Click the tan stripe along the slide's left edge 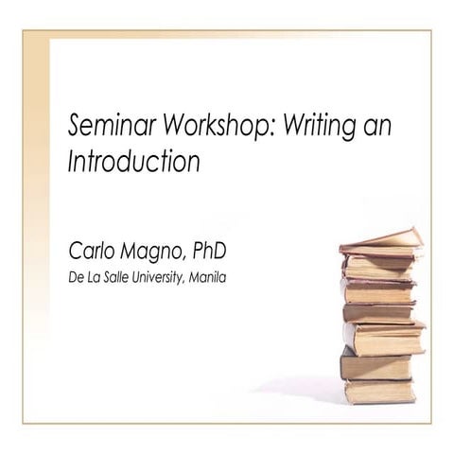pos(36,189)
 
